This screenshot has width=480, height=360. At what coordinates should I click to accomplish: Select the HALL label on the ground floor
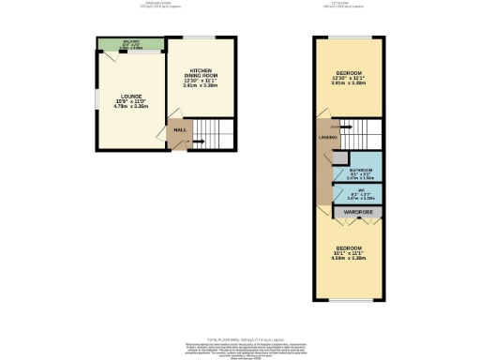(177, 130)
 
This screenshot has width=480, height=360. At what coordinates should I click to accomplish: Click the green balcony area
(129, 43)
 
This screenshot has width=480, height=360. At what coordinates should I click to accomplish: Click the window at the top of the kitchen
(201, 37)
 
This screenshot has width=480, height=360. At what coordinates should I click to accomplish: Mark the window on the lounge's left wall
(94, 94)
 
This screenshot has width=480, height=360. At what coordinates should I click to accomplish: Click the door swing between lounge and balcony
(111, 56)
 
